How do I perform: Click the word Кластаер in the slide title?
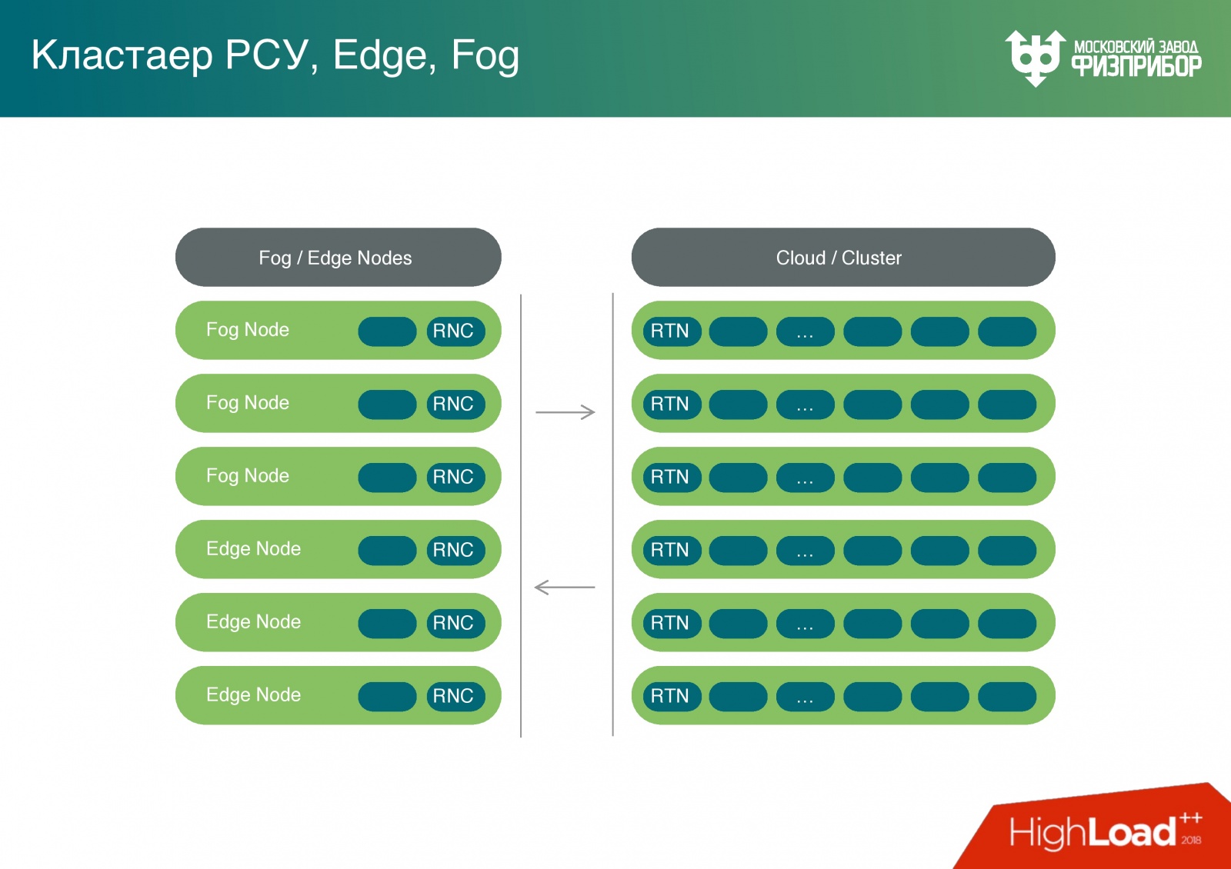[x=122, y=55]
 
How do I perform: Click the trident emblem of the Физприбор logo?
[x=1035, y=58]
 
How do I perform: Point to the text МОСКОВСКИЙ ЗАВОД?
[x=1136, y=47]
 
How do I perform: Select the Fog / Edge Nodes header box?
[x=338, y=257]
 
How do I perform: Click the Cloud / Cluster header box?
[x=843, y=257]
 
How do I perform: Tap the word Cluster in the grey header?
[x=872, y=258]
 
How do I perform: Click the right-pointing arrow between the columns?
[x=565, y=412]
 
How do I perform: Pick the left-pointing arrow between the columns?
[x=565, y=588]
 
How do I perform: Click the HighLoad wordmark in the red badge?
[x=1093, y=832]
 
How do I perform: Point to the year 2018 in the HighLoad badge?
[x=1191, y=840]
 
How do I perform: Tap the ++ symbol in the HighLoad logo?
[x=1191, y=818]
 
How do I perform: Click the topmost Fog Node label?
[x=247, y=330]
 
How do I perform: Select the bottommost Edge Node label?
[x=253, y=695]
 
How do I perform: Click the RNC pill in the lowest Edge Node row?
[x=455, y=696]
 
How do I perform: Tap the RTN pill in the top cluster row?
[x=672, y=331]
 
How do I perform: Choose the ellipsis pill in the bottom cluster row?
[x=805, y=697]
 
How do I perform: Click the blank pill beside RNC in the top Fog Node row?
[x=387, y=331]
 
